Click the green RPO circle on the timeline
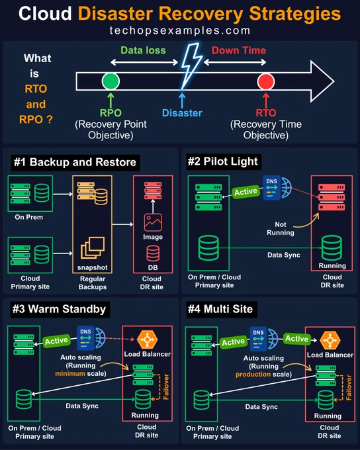click(111, 81)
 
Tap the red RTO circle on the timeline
click(266, 81)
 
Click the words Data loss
click(143, 50)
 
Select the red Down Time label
click(239, 50)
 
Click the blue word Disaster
click(182, 112)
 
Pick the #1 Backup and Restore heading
click(75, 162)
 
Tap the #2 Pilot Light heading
click(223, 161)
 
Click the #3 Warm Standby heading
click(59, 309)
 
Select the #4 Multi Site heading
click(220, 309)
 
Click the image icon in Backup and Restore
click(153, 222)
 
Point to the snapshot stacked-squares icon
click(93, 247)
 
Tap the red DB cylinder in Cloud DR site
click(153, 253)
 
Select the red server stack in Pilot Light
click(332, 197)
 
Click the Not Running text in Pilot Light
click(281, 228)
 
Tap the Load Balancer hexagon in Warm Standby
click(148, 339)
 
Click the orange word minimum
click(70, 373)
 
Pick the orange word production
click(253, 375)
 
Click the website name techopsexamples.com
click(180, 30)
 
